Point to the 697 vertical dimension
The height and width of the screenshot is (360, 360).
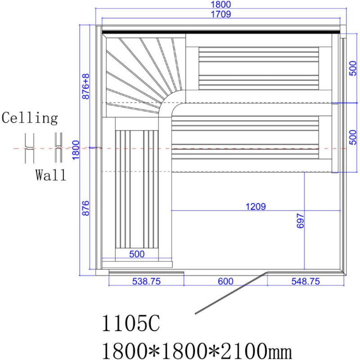(301, 221)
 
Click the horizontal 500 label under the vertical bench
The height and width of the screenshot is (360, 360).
(137, 254)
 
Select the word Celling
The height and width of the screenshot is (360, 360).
(30, 118)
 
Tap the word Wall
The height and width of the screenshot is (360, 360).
(51, 175)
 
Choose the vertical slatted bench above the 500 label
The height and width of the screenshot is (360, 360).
(137, 189)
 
